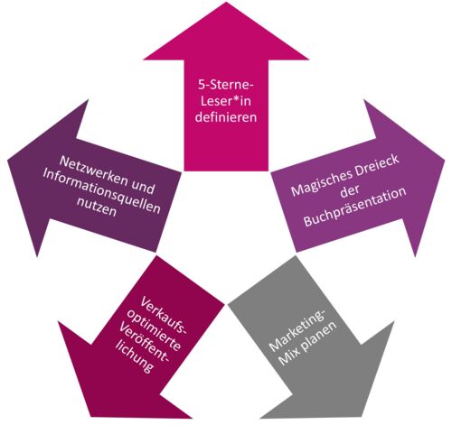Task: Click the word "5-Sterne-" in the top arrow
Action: tap(226, 85)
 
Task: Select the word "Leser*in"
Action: tap(226, 101)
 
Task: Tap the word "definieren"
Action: tap(226, 116)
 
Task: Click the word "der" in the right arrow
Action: tap(350, 191)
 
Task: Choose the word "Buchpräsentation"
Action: tap(355, 208)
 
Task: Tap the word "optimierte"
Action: tap(154, 330)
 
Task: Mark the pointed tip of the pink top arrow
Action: tap(226, 3)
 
